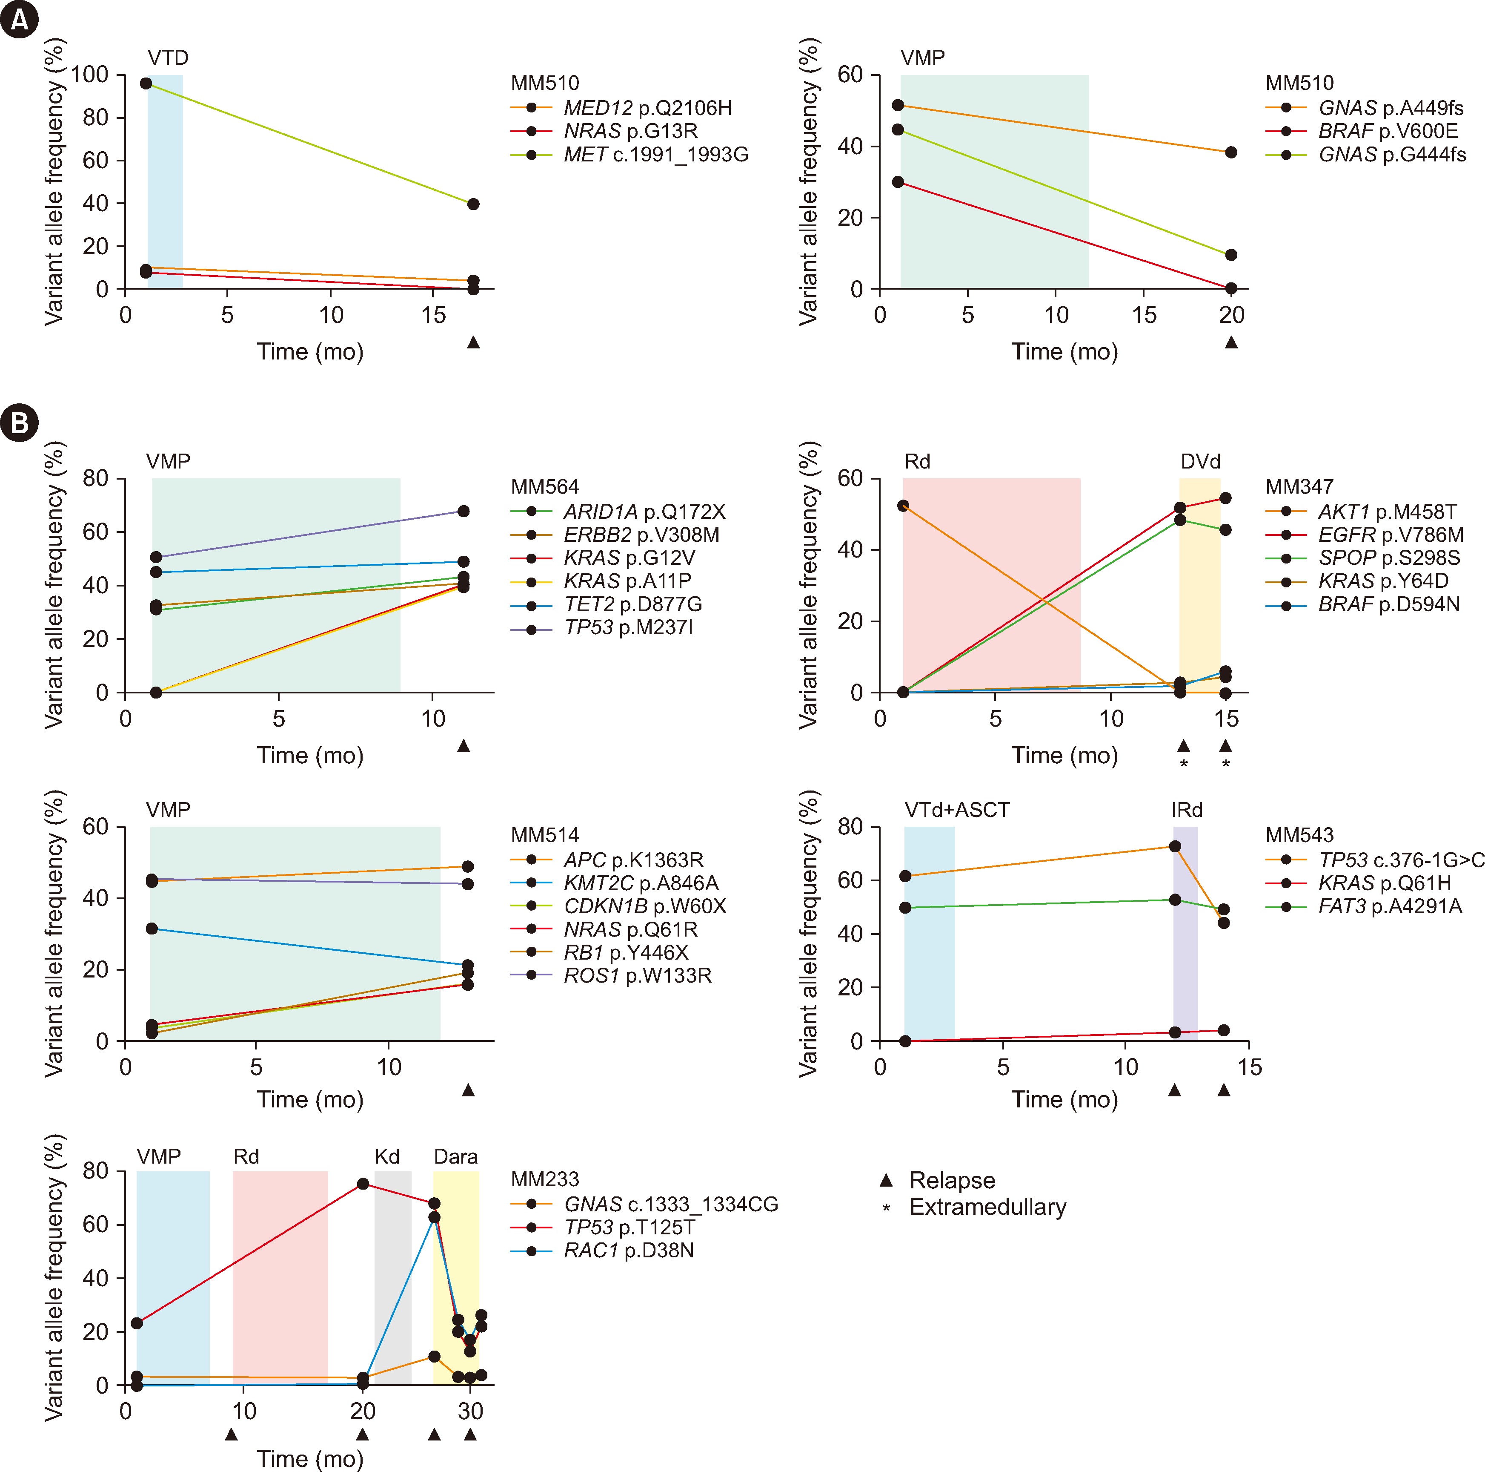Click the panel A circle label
click(19, 19)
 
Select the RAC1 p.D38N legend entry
click(628, 1251)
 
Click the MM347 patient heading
click(1299, 487)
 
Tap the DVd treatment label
click(1200, 461)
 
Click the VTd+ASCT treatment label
click(957, 810)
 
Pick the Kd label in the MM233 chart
click(387, 1157)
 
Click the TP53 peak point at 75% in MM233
click(363, 1184)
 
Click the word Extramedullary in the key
click(988, 1207)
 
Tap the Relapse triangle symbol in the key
click(886, 1180)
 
